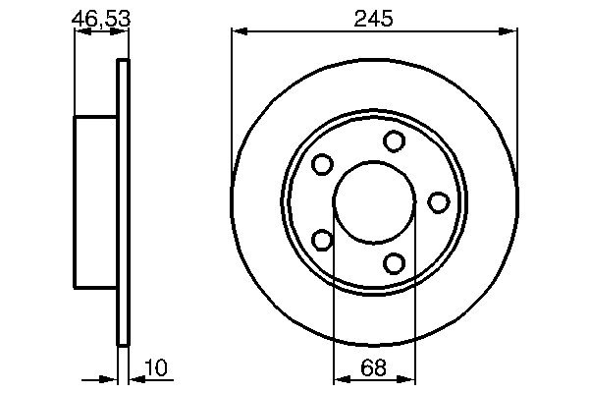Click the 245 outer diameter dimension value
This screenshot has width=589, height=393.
[375, 18]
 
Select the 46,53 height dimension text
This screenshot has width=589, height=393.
[100, 18]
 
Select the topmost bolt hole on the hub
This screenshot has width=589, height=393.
[395, 141]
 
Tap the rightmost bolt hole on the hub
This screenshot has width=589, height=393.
[439, 202]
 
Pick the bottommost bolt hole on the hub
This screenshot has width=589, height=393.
[395, 262]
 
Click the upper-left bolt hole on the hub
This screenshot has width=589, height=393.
[322, 165]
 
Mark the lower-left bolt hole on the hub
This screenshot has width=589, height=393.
[322, 240]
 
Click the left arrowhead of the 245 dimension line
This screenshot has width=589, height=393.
[239, 32]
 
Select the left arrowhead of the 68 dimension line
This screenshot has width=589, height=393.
[341, 376]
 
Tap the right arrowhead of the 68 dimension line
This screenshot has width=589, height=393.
[410, 376]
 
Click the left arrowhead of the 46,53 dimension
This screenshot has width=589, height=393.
[81, 31]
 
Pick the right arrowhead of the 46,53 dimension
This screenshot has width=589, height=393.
[122, 31]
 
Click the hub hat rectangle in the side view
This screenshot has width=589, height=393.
[96, 202]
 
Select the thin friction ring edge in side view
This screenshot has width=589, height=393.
[123, 202]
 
